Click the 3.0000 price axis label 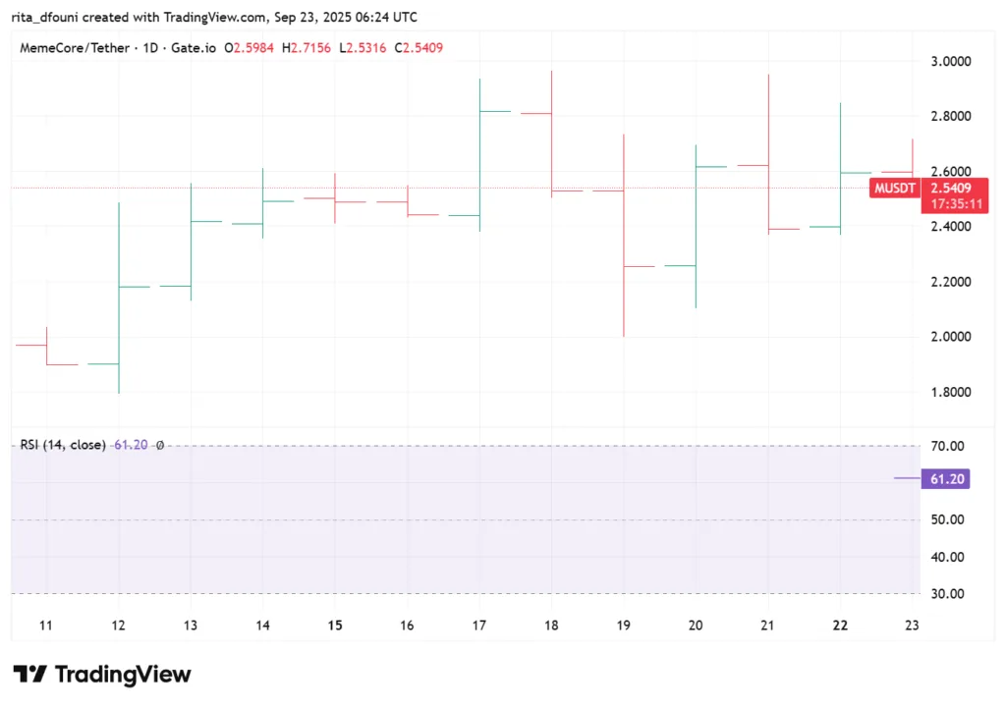click(x=950, y=61)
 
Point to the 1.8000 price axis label click(x=950, y=393)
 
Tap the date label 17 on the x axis click(x=478, y=626)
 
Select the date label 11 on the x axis click(x=47, y=626)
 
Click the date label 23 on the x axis click(x=912, y=626)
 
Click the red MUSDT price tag click(x=894, y=188)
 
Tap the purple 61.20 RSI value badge click(x=950, y=478)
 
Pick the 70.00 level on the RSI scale click(x=949, y=447)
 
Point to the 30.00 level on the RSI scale click(x=949, y=594)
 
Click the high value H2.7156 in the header click(x=307, y=47)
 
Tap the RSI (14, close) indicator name click(x=63, y=445)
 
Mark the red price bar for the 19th click(x=623, y=236)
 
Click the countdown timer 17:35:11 click(x=953, y=204)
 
